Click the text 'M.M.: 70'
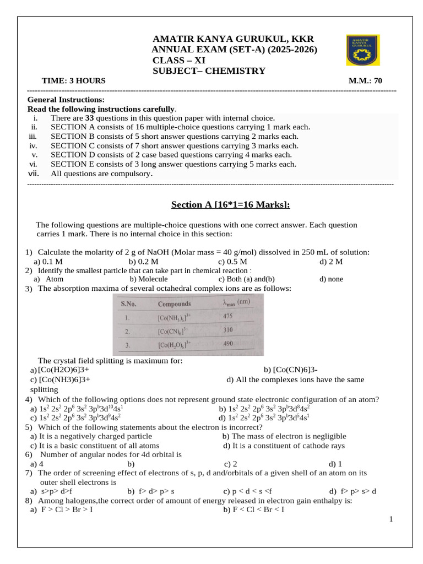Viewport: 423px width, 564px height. click(365, 80)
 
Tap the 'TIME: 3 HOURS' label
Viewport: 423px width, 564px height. click(74, 80)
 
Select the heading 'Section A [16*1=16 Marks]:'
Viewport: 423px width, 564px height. click(230, 205)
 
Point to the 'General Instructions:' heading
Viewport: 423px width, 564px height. click(66, 100)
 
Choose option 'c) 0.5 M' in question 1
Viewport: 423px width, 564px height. click(232, 262)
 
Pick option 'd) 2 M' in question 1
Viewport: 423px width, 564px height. click(331, 262)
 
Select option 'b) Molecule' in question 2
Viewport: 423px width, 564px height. click(149, 279)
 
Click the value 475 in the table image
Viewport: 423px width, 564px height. click(227, 317)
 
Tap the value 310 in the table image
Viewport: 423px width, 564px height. click(227, 330)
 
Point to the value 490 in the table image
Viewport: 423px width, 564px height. click(227, 344)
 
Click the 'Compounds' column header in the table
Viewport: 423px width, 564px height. click(174, 304)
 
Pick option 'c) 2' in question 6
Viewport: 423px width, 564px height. click(230, 464)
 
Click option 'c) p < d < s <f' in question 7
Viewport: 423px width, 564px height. click(247, 491)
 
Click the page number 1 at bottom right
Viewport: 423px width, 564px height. click(391, 519)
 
